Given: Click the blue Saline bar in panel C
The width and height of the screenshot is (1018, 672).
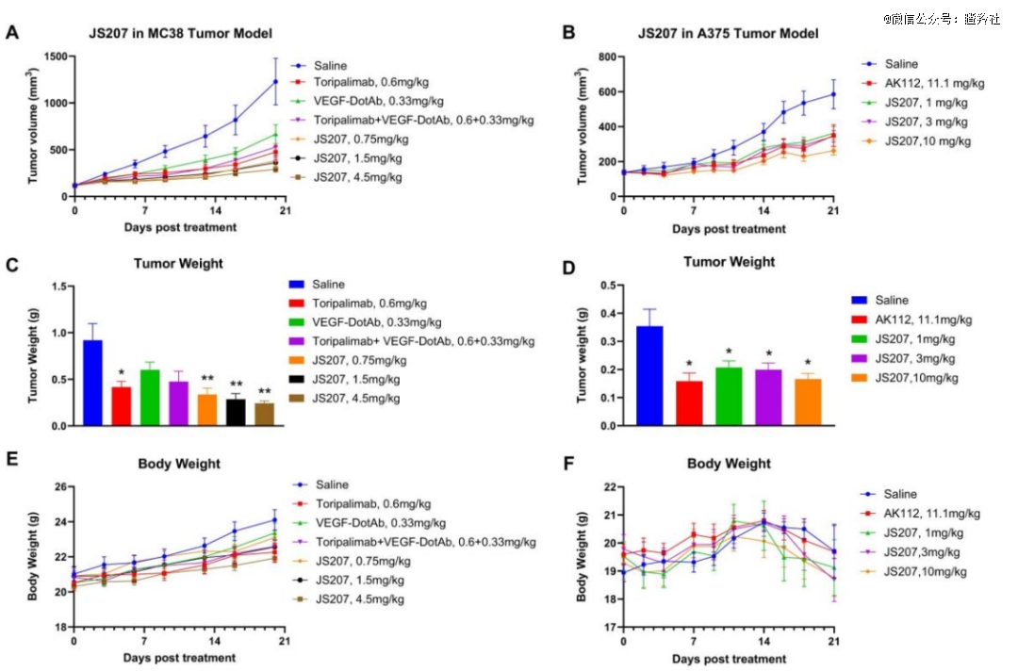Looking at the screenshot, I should (92, 383).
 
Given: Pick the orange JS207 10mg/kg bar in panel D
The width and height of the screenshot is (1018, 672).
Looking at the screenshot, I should (808, 402).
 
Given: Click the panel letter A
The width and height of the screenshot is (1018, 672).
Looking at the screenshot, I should (12, 33).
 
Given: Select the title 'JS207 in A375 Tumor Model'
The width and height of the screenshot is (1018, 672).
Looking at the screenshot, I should (728, 34).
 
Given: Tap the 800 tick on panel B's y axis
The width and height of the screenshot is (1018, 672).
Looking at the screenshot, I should (603, 57).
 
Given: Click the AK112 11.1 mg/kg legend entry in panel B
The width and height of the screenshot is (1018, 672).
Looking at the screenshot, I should (926, 83).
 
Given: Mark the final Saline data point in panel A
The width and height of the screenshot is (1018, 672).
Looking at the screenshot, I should (275, 82).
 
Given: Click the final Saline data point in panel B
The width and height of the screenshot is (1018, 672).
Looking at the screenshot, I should (833, 94).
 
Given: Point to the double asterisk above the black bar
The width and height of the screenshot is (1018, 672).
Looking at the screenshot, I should (236, 385).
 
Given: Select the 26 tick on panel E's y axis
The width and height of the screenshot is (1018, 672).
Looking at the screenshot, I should (59, 486).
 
